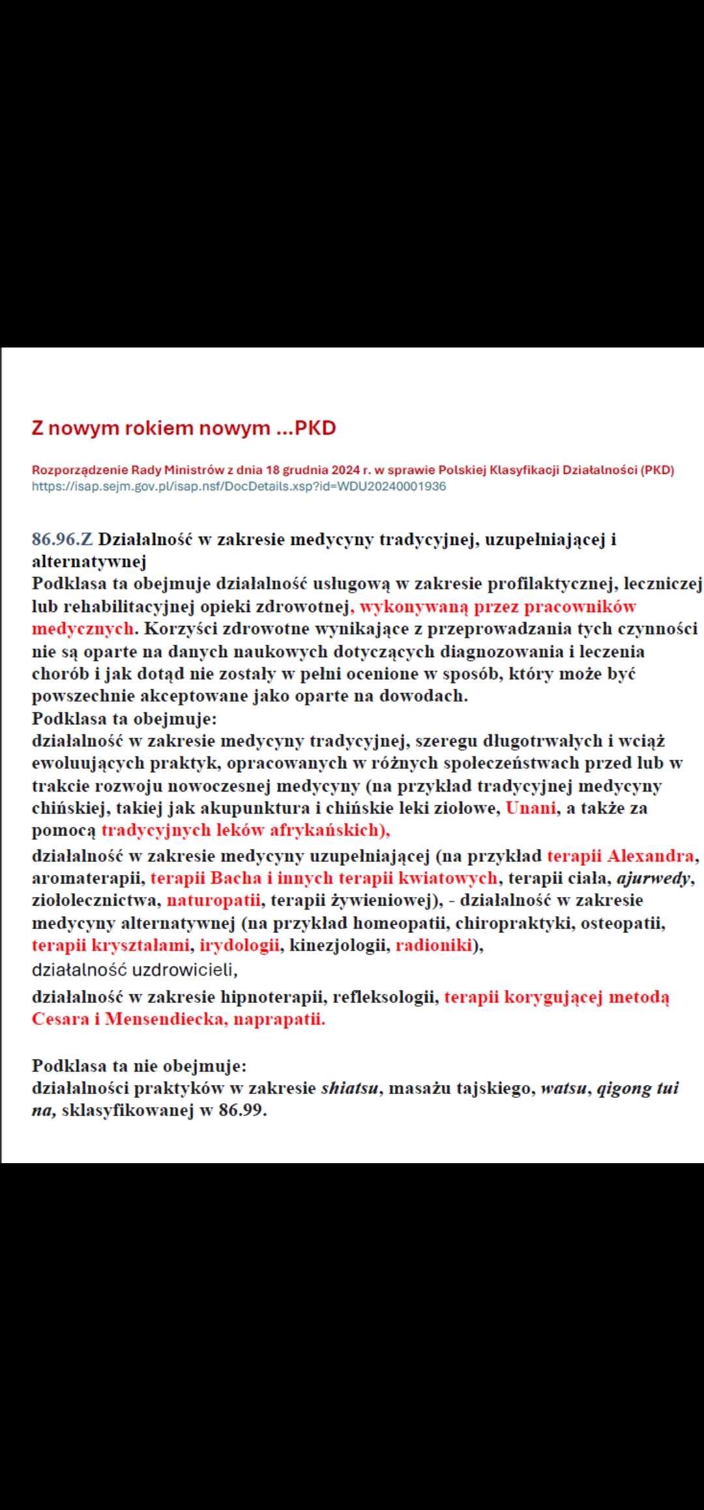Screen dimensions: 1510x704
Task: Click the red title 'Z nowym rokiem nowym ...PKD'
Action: pyautogui.click(x=184, y=428)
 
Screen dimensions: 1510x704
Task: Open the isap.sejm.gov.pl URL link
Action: pyautogui.click(x=239, y=486)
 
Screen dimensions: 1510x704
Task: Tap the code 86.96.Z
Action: pyautogui.click(x=62, y=539)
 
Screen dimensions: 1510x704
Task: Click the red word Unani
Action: pyautogui.click(x=531, y=808)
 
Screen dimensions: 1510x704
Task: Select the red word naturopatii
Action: pyautogui.click(x=213, y=900)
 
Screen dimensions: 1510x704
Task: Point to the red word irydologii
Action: pyautogui.click(x=239, y=945)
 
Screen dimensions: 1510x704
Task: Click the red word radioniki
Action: pyautogui.click(x=433, y=945)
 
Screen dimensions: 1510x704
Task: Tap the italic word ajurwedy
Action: pyautogui.click(x=653, y=878)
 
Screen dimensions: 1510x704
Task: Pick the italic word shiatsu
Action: pyautogui.click(x=349, y=1088)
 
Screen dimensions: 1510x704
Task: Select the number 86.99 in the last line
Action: pyautogui.click(x=241, y=1110)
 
